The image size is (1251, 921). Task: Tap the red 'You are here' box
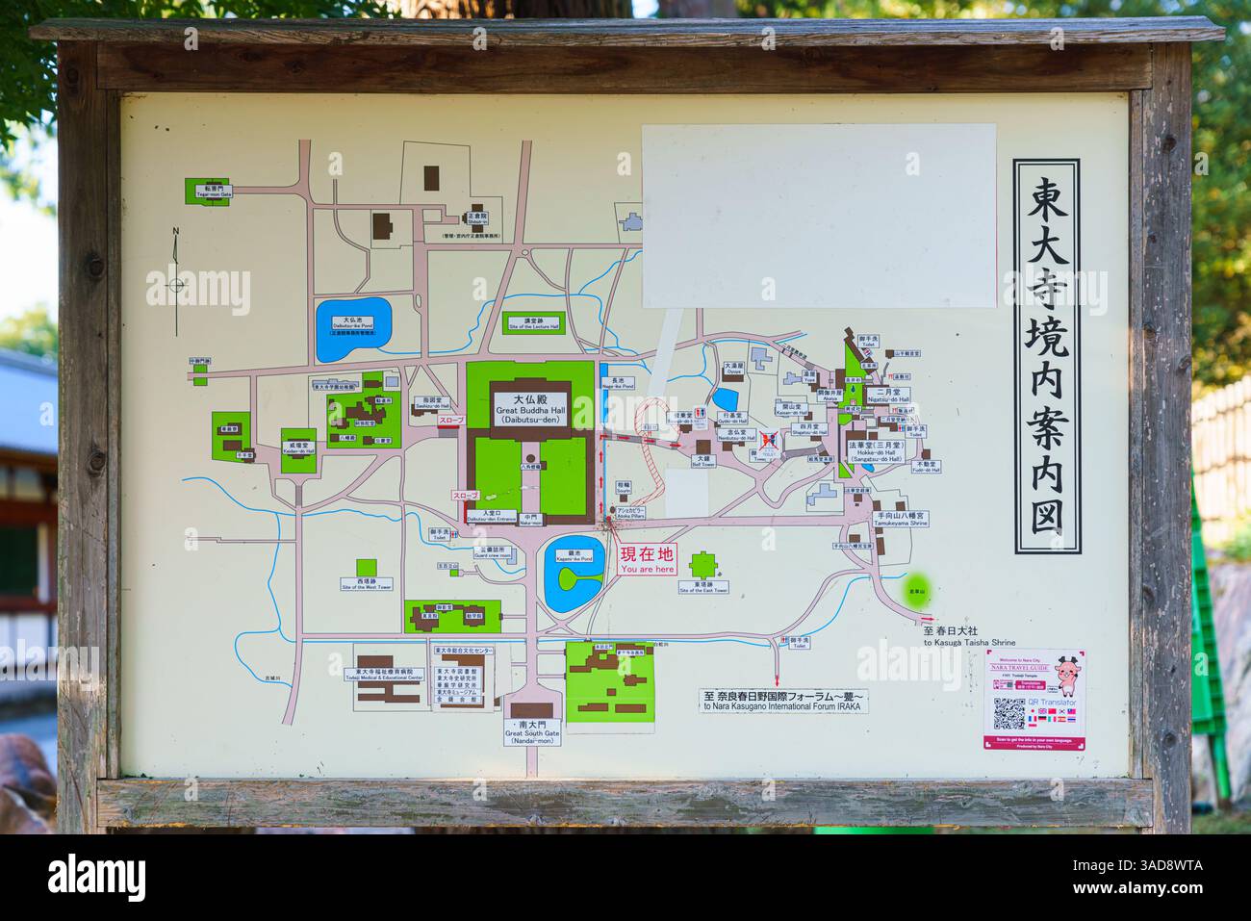(647, 560)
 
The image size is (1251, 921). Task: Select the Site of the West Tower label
(367, 583)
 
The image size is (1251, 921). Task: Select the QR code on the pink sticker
(1009, 713)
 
